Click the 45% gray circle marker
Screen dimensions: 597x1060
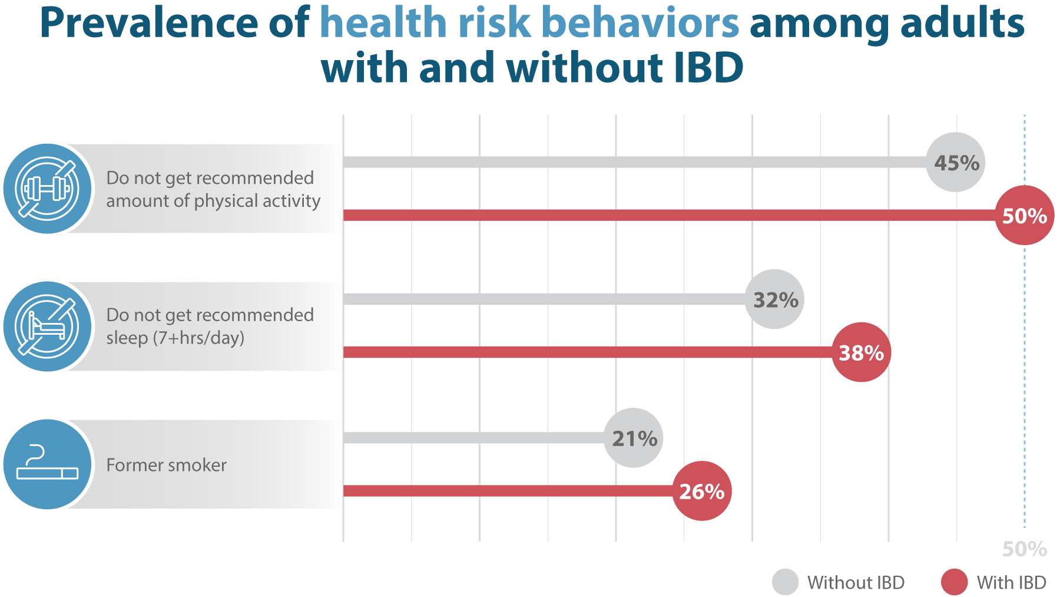[956, 162]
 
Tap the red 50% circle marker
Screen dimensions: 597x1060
[1024, 215]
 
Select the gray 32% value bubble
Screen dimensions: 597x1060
[774, 299]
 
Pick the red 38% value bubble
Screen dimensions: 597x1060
[861, 352]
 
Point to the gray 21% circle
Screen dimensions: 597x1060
[634, 438]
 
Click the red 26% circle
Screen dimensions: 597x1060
[701, 491]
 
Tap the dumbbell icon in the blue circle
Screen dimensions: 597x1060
[47, 189]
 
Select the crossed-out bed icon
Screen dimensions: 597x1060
[47, 326]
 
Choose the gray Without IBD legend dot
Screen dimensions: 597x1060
[785, 582]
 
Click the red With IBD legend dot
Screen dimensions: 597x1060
[954, 582]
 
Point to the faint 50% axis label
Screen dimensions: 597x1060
[1024, 549]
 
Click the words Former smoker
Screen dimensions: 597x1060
[166, 465]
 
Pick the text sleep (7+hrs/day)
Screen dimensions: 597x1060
[175, 338]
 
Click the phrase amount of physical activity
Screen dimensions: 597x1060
[213, 201]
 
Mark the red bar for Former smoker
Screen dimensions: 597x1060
[506, 491]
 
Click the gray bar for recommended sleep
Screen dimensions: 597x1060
[542, 299]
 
